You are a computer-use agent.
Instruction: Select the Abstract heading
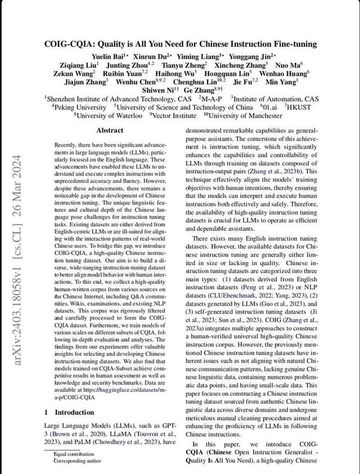pos(110,130)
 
